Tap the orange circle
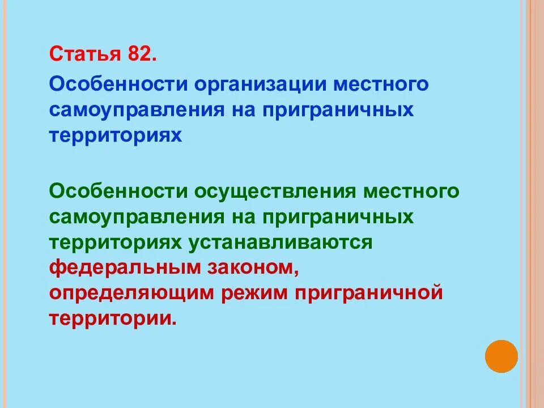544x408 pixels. point(501,356)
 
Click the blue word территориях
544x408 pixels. point(116,135)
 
